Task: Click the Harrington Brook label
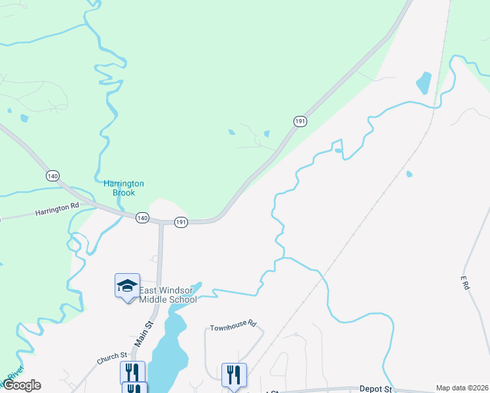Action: click(124, 188)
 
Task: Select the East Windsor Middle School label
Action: click(168, 295)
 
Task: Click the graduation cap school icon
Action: click(127, 286)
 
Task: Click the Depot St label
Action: click(375, 389)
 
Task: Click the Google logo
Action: click(22, 385)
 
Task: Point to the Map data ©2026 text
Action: click(461, 388)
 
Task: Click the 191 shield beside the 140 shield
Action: click(181, 223)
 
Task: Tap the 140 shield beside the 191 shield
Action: click(142, 217)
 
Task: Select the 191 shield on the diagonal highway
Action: click(300, 121)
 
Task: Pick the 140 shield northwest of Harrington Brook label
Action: click(53, 176)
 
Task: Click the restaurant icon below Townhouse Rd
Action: click(234, 375)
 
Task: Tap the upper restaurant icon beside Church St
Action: click(133, 372)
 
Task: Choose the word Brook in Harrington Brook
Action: click(124, 193)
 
